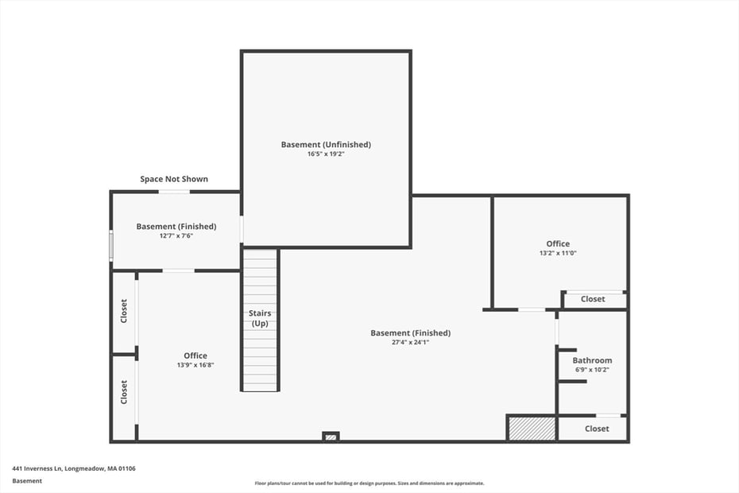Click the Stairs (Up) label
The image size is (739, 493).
pyautogui.click(x=261, y=318)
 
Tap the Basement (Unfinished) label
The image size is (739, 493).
pyautogui.click(x=326, y=145)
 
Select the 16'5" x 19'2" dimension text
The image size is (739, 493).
pyautogui.click(x=326, y=154)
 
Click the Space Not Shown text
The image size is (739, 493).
pyautogui.click(x=174, y=179)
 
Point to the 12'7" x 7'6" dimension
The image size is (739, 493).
pyautogui.click(x=176, y=235)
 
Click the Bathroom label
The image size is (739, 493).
pyautogui.click(x=592, y=360)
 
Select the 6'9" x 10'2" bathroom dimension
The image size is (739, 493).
pyautogui.click(x=592, y=370)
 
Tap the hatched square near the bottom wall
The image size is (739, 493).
pyautogui.click(x=532, y=428)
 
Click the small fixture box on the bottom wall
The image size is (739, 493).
pyautogui.click(x=331, y=436)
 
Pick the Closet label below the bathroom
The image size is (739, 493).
pyautogui.click(x=597, y=429)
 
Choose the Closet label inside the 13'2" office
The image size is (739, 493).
pyautogui.click(x=593, y=299)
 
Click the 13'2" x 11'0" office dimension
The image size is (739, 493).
pyautogui.click(x=558, y=253)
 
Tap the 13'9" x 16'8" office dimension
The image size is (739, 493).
pyautogui.click(x=195, y=365)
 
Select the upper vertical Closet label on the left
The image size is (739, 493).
pyautogui.click(x=124, y=312)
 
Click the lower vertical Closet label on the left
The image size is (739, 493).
pyautogui.click(x=124, y=392)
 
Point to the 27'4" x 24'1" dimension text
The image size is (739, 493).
pyautogui.click(x=410, y=342)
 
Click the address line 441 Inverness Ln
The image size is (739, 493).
pyautogui.click(x=74, y=468)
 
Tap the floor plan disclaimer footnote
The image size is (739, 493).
pyautogui.click(x=369, y=483)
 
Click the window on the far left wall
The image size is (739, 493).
pyautogui.click(x=111, y=244)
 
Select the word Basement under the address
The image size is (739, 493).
pyautogui.click(x=27, y=480)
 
